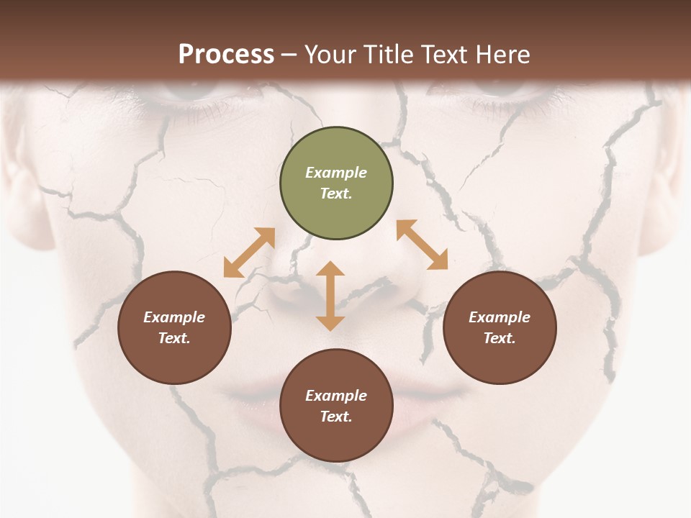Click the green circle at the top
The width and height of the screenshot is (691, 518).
click(x=336, y=183)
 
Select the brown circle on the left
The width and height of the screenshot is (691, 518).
click(x=174, y=328)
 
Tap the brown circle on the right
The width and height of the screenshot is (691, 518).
click(x=500, y=328)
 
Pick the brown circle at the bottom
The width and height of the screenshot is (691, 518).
click(x=336, y=406)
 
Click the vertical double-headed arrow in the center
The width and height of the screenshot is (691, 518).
click(x=330, y=296)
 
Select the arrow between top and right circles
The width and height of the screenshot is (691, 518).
click(x=423, y=245)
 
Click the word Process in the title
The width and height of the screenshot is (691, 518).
click(x=226, y=55)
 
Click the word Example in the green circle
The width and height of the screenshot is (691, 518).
click(x=336, y=173)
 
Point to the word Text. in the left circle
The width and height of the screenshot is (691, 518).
click(x=174, y=338)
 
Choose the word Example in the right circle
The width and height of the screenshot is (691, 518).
click(x=500, y=317)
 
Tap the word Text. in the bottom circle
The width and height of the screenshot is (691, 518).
click(x=336, y=417)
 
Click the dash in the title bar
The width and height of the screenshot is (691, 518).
click(x=289, y=55)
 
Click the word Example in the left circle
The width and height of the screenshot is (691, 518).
click(x=174, y=317)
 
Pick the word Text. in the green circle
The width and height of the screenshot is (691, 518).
click(x=336, y=194)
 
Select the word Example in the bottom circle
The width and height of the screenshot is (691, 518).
click(x=336, y=396)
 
